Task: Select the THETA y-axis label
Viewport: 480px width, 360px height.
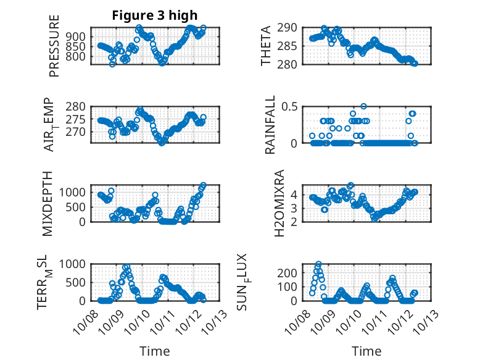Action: point(266,46)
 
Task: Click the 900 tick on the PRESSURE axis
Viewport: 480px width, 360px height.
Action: point(78,36)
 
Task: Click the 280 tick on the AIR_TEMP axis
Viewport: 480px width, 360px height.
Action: point(78,106)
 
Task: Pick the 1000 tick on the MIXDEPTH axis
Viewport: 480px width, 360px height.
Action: point(75,192)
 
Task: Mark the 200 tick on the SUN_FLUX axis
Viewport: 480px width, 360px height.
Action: point(290,272)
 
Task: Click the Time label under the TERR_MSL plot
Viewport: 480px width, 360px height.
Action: point(155,351)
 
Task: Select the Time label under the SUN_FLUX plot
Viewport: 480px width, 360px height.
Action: point(366,351)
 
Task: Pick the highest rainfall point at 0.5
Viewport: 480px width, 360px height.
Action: point(364,106)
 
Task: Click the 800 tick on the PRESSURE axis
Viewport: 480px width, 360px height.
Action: point(78,57)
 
